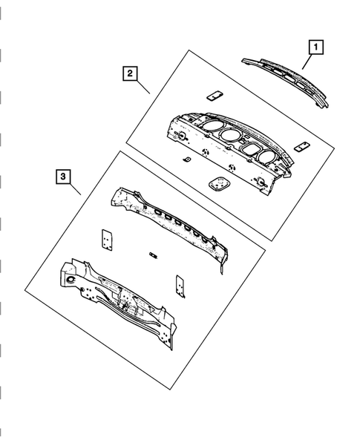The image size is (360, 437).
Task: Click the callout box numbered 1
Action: (x=315, y=49)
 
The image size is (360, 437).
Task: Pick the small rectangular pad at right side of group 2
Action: (x=301, y=146)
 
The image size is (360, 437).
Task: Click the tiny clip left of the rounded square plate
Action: (x=186, y=160)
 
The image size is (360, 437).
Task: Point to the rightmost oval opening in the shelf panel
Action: (x=264, y=155)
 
